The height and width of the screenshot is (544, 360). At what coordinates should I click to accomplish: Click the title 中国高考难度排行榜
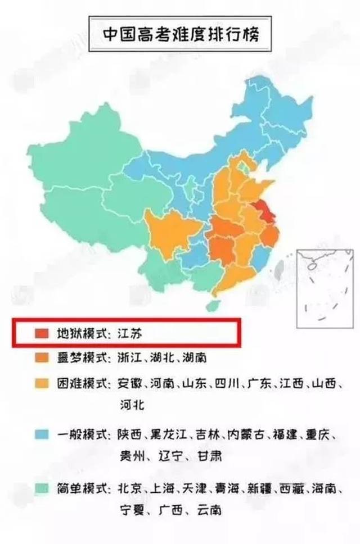coord(179,34)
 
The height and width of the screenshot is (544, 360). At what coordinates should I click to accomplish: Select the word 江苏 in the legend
coord(130,333)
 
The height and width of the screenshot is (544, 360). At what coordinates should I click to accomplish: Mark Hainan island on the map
coord(213,306)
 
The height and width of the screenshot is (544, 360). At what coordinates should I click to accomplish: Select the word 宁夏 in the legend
coord(132,510)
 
